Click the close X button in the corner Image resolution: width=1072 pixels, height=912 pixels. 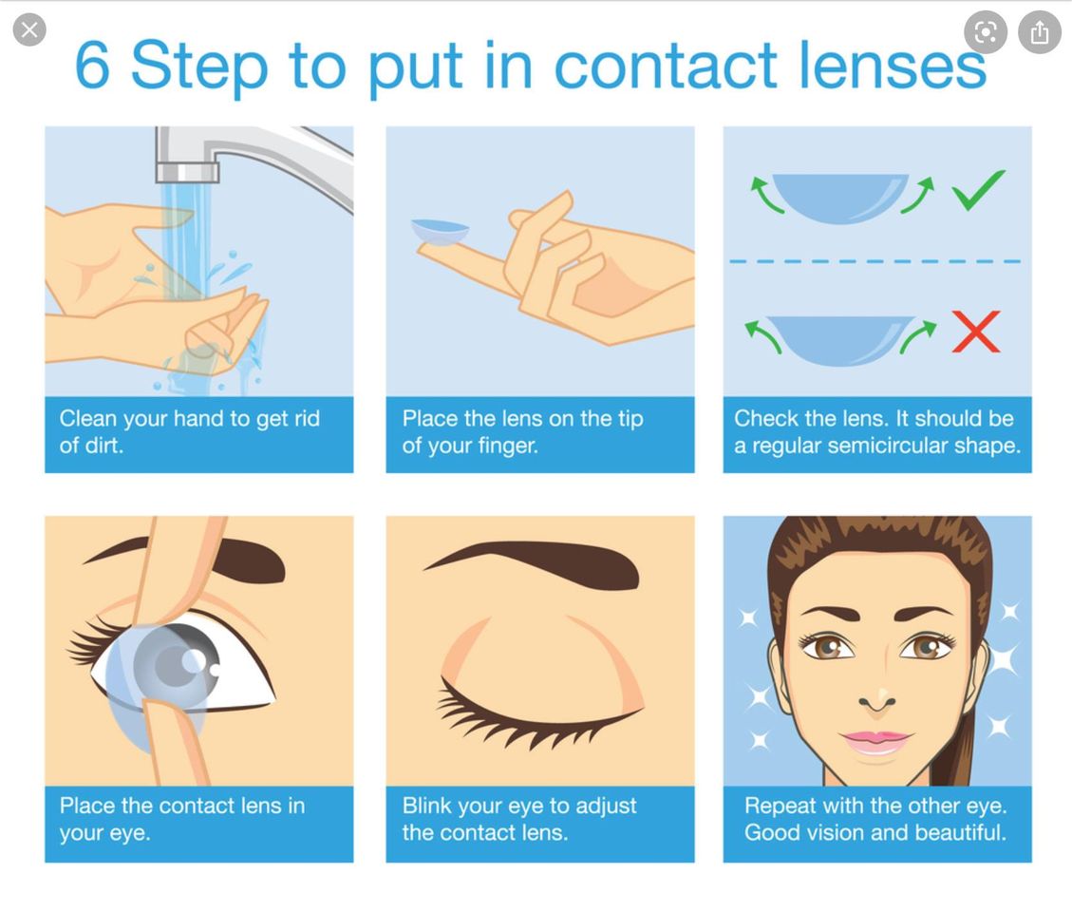[x=29, y=30]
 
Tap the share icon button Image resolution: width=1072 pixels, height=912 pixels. [x=1039, y=31]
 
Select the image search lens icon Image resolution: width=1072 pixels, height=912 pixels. [x=986, y=31]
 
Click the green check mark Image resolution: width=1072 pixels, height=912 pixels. [x=978, y=189]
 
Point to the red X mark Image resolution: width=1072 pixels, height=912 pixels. [x=976, y=332]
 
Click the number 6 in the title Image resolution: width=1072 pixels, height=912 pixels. [x=92, y=65]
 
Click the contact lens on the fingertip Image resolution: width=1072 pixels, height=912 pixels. [x=441, y=231]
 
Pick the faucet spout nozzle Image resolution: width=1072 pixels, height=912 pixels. [x=187, y=171]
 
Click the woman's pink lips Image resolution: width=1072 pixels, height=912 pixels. [x=875, y=741]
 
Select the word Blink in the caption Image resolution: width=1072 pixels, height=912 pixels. [x=426, y=806]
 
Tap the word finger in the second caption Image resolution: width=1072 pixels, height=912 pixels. [x=508, y=446]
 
